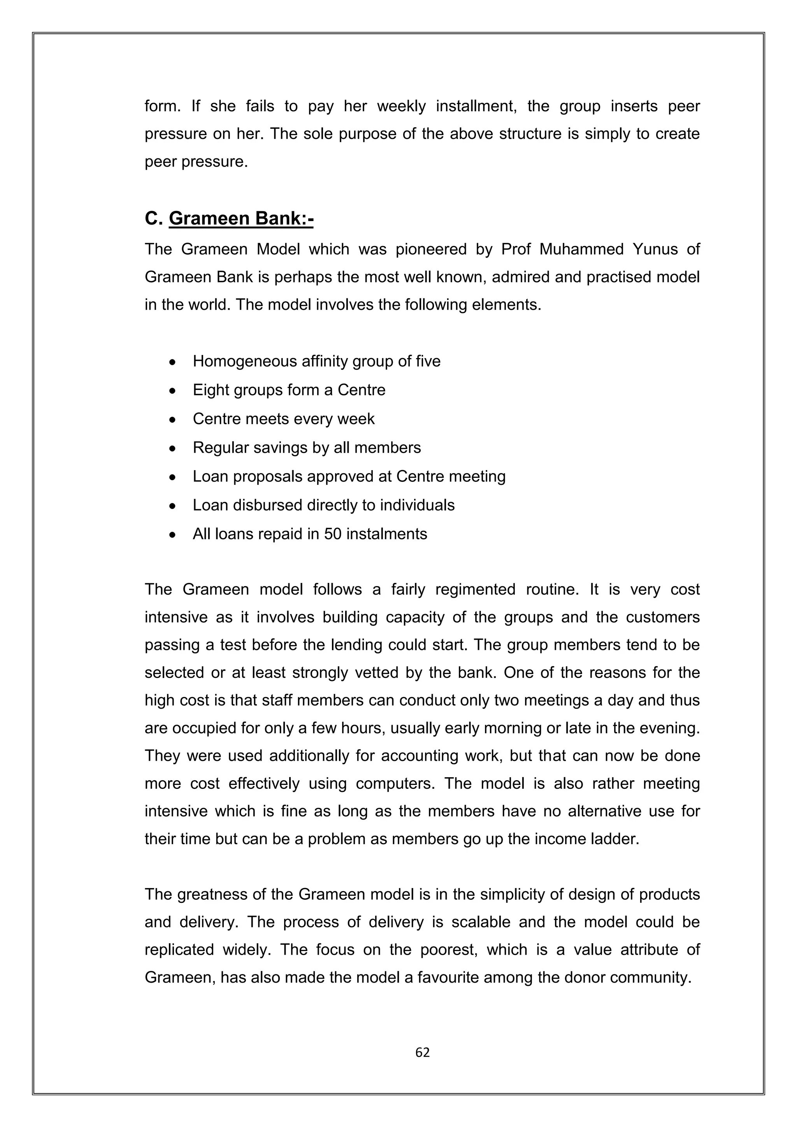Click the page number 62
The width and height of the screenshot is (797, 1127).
pos(422,1052)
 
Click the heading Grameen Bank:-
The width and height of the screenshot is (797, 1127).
pos(241,218)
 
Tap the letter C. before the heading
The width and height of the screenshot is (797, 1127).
pos(154,218)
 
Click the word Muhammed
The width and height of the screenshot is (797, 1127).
pos(581,249)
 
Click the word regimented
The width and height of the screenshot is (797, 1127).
pos(475,589)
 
